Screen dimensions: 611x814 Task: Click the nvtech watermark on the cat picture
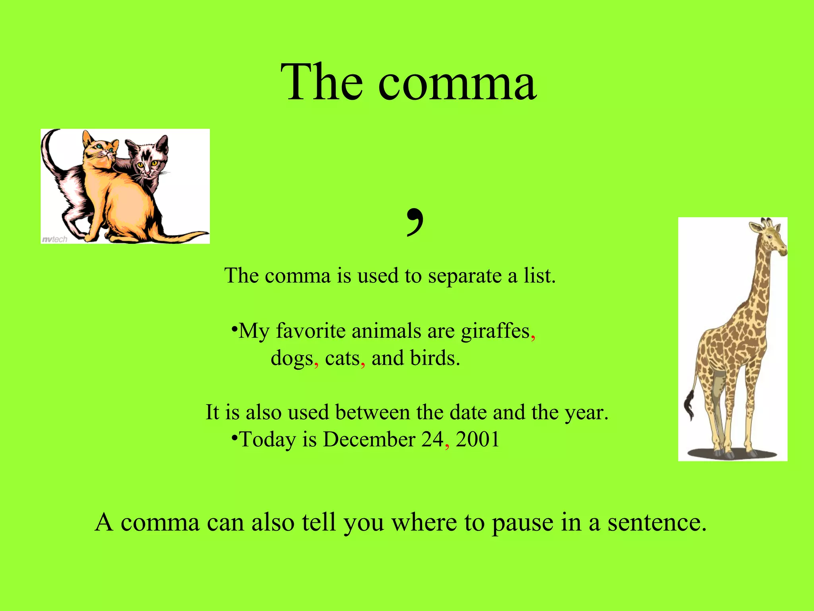point(54,239)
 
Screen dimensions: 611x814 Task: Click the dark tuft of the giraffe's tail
point(689,406)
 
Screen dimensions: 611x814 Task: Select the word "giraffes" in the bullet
point(495,331)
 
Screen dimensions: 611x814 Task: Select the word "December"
point(369,440)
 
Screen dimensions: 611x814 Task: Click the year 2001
point(477,440)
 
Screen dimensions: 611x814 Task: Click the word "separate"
point(464,276)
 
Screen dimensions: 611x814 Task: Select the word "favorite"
point(310,331)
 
